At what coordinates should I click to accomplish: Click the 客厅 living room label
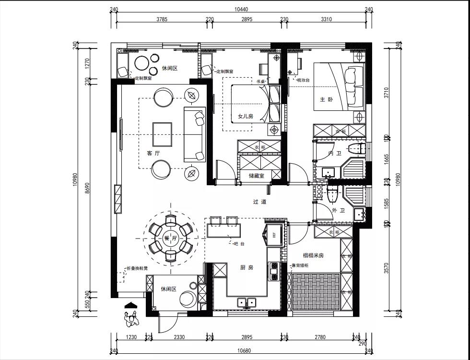[153, 153]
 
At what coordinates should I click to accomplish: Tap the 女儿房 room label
[245, 116]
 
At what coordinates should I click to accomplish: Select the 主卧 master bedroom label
[326, 99]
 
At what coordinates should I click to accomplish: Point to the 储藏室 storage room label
[258, 176]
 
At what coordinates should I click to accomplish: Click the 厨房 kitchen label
[247, 267]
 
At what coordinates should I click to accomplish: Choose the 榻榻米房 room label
[313, 255]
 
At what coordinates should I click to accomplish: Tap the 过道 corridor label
[259, 202]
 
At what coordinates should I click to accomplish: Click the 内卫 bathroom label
[335, 154]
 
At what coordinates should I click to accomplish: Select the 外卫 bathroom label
[337, 210]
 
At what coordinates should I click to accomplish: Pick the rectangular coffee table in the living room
[162, 134]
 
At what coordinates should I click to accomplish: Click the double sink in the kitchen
[247, 302]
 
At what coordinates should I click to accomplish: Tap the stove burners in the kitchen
[274, 271]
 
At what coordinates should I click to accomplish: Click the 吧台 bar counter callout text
[239, 244]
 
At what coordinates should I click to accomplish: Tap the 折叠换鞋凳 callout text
[137, 268]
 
